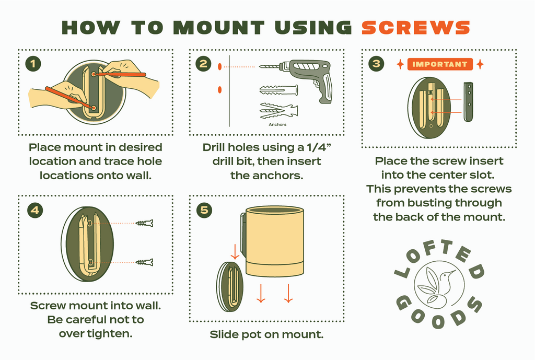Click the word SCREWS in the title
tap(415, 28)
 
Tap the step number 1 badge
tap(33, 64)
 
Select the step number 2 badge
tap(204, 64)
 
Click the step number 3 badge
tap(376, 64)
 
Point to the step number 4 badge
tap(35, 210)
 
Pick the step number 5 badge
tap(204, 210)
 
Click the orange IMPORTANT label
tap(440, 64)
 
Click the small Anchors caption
tap(277, 124)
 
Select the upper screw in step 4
tap(144, 223)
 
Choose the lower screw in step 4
tap(144, 262)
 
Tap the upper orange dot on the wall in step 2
tap(220, 66)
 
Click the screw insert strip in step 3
tap(469, 102)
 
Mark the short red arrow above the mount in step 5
tap(235, 251)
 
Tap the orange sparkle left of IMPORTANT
tap(400, 64)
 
